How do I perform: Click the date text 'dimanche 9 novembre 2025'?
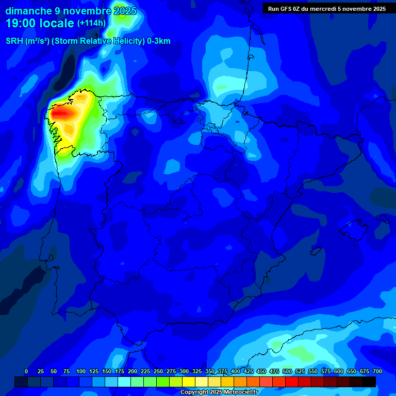pyautogui.click(x=71, y=11)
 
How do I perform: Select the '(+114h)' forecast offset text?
pyautogui.click(x=91, y=23)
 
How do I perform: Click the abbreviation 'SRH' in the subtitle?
pyautogui.click(x=14, y=41)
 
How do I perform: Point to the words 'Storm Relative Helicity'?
pyautogui.click(x=97, y=41)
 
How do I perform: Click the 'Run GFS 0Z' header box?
pyautogui.click(x=326, y=8)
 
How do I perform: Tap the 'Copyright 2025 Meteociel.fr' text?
pyautogui.click(x=219, y=392)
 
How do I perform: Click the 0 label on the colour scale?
pyautogui.click(x=26, y=371)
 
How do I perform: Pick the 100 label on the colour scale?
pyautogui.click(x=81, y=371)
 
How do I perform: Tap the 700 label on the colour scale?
pyautogui.click(x=377, y=371)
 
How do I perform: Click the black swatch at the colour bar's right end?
pyautogui.click(x=369, y=382)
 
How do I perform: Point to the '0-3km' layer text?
pyautogui.click(x=159, y=41)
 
